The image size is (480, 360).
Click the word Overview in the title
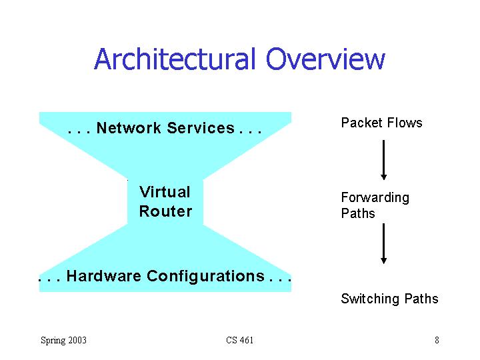point(325,59)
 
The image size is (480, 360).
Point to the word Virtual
point(165,192)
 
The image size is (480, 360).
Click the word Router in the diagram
point(165,211)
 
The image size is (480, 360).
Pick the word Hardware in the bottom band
point(104,276)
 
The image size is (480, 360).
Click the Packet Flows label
point(381,123)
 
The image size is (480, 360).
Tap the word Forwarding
point(375,197)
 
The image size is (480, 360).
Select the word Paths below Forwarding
point(358,213)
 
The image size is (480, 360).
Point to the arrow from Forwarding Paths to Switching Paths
point(383,244)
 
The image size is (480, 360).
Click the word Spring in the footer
point(53,341)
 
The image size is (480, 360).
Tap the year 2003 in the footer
point(77,341)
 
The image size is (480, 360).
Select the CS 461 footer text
point(239,341)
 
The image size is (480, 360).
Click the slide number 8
point(437,341)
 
